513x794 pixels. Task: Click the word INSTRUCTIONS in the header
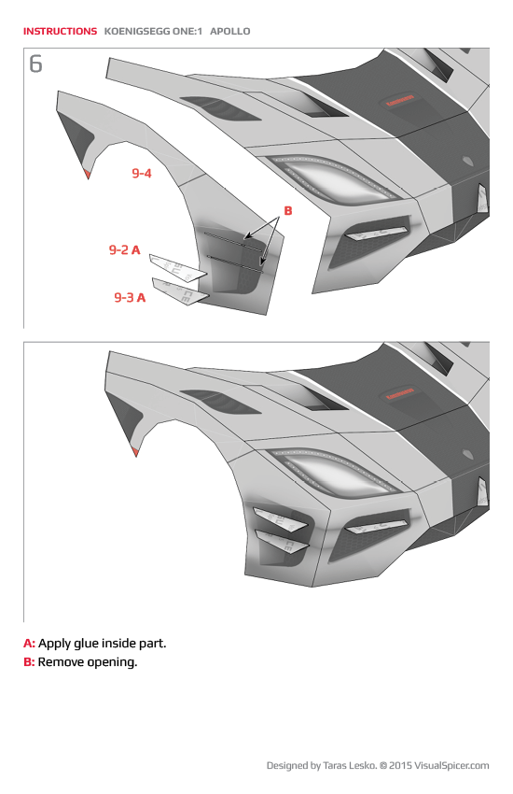click(x=60, y=31)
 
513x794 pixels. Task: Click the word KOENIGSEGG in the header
click(x=138, y=31)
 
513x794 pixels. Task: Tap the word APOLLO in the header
click(x=230, y=31)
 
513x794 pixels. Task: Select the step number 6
click(x=35, y=64)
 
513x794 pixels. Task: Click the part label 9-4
click(x=141, y=173)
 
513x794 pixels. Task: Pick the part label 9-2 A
click(x=124, y=249)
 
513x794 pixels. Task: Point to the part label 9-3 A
click(x=130, y=297)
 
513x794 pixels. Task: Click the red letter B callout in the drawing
click(x=288, y=211)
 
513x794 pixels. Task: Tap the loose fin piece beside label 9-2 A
click(x=177, y=268)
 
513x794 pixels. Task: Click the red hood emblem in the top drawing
click(x=400, y=103)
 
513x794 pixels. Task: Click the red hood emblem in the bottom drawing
click(x=400, y=393)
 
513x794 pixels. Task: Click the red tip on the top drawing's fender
click(x=87, y=174)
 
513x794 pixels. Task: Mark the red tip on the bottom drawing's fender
click(x=136, y=452)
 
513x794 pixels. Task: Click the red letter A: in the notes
click(x=29, y=644)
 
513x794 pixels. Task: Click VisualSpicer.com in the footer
click(x=448, y=766)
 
